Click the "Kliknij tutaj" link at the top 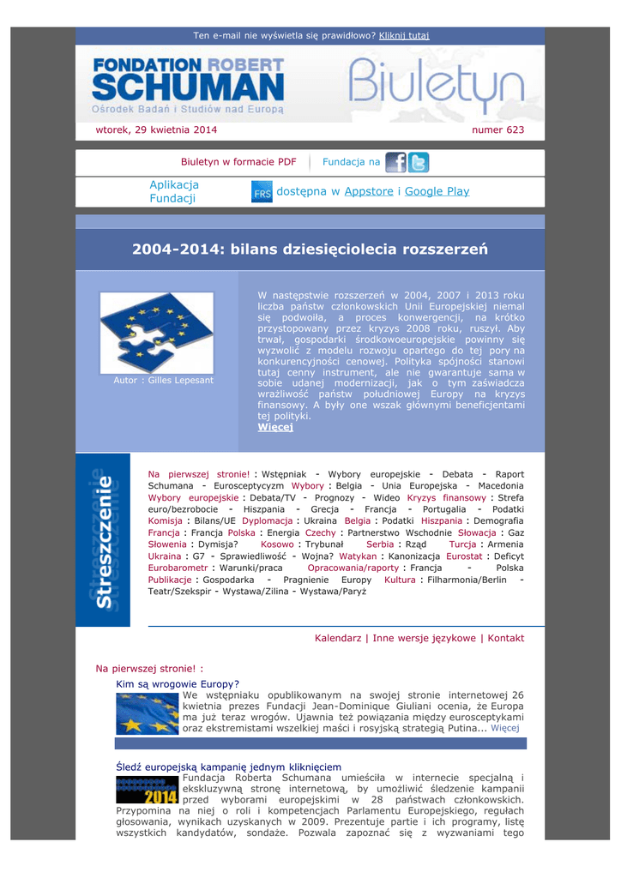404,35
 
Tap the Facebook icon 395,162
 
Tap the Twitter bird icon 419,162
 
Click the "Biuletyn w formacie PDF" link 238,162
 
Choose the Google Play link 437,191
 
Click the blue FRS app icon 262,192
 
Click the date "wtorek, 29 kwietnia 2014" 156,130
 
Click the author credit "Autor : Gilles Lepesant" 164,380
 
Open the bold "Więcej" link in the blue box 275,427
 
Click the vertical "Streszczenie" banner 102,539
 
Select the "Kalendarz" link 339,638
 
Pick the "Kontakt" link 506,638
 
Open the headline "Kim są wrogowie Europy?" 178,684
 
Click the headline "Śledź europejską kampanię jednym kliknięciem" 228,767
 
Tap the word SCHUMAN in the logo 188,87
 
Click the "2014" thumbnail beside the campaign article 148,789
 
